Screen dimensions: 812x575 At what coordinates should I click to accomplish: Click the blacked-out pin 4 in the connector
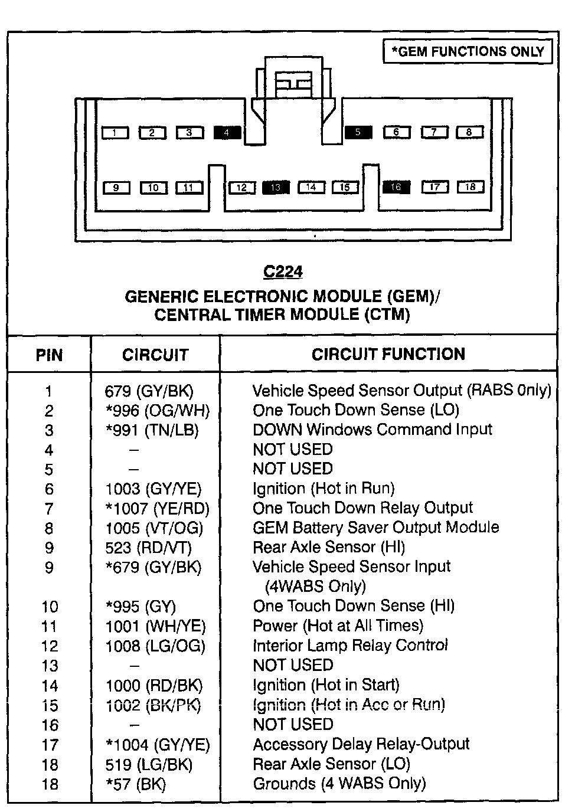click(227, 133)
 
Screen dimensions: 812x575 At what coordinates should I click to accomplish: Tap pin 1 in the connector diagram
click(115, 133)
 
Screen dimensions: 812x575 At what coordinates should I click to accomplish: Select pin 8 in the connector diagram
click(469, 132)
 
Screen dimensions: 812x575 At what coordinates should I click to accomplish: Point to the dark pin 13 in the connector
click(276, 188)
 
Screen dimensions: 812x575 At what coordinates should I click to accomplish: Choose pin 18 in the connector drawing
click(471, 187)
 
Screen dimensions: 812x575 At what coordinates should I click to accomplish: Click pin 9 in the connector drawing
click(116, 188)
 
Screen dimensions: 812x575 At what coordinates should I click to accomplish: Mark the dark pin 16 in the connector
click(396, 187)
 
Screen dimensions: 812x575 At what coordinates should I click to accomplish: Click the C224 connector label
click(283, 271)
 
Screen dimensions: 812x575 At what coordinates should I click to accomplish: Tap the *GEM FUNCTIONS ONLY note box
click(468, 52)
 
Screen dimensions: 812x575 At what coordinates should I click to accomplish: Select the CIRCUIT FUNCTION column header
click(388, 354)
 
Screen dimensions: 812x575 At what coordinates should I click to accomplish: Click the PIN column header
click(49, 355)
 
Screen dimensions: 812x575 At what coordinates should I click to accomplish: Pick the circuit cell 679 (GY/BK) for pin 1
click(149, 391)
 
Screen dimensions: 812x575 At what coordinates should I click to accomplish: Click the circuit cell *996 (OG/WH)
click(158, 411)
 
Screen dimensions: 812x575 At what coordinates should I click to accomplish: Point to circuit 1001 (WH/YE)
click(155, 626)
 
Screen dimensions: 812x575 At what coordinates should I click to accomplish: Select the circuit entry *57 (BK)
click(136, 784)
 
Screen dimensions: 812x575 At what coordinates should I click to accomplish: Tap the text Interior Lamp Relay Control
click(351, 646)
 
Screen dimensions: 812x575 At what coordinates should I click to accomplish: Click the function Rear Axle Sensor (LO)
click(331, 764)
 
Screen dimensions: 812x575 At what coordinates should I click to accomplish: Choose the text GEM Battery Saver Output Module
click(376, 528)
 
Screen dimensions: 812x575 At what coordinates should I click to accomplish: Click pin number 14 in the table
click(50, 686)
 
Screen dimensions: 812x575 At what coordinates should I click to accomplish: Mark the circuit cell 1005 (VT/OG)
click(154, 528)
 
